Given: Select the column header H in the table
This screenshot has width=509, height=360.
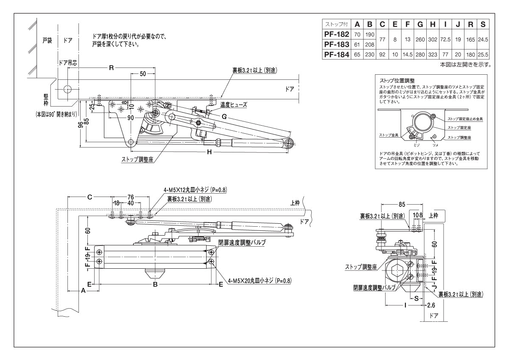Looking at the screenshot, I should tap(433, 25).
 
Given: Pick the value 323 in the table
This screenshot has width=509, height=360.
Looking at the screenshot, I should tap(433, 55).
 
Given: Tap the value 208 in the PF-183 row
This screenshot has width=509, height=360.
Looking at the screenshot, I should tap(369, 45).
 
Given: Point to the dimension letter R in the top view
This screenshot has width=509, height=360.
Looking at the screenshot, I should tap(111, 67).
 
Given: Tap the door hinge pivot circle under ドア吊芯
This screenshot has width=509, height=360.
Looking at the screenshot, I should tap(68, 90).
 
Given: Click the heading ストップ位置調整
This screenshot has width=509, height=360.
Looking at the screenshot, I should tap(397, 80).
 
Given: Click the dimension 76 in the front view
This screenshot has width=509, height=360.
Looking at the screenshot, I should tap(131, 197).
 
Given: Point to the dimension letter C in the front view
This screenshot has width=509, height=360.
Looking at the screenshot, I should tap(90, 197).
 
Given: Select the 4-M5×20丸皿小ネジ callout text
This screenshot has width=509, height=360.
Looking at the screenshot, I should tap(259, 281).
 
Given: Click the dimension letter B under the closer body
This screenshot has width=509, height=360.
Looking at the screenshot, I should tap(155, 284).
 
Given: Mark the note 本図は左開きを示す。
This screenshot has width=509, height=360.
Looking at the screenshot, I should tap(465, 65).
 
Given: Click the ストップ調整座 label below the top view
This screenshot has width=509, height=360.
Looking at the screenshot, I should tap(137, 160).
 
